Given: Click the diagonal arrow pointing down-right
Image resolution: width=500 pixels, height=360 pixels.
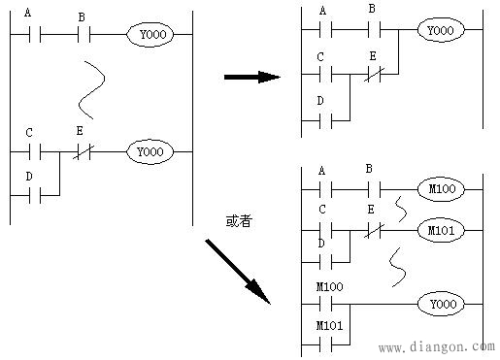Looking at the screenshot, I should [x=238, y=270].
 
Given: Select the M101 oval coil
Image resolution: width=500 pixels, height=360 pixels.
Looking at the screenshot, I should [x=440, y=230].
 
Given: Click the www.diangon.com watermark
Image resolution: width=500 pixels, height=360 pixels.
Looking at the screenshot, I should [x=434, y=346].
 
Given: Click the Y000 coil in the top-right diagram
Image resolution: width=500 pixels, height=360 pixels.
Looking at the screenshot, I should [x=440, y=31].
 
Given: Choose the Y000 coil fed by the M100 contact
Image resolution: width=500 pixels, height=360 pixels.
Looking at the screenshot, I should [x=440, y=304].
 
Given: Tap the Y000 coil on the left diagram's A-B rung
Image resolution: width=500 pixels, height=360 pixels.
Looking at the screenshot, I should [x=150, y=35].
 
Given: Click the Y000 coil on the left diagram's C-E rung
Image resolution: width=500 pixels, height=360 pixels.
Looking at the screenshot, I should [x=150, y=151].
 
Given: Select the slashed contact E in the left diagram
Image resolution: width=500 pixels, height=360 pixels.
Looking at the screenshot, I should [x=82, y=151].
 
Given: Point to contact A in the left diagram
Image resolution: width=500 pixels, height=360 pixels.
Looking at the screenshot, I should [x=35, y=35].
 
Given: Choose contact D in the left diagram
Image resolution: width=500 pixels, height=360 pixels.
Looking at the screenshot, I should [x=35, y=195].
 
